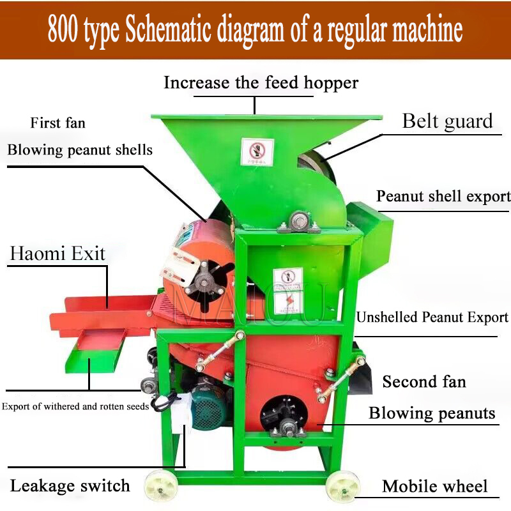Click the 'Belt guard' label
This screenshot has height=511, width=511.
tap(447, 121)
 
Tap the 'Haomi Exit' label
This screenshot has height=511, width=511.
tap(57, 254)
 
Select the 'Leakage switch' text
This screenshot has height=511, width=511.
tap(70, 485)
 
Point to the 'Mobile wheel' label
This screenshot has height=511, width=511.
tap(435, 486)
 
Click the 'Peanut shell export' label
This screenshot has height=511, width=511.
tap(443, 196)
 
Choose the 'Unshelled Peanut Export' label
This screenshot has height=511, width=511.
tap(432, 317)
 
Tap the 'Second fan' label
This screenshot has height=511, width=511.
tap(424, 382)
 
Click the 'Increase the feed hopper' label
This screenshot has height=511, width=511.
tap(261, 82)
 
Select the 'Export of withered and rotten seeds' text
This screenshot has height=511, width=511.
tap(75, 406)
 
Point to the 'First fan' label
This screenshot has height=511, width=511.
tap(57, 123)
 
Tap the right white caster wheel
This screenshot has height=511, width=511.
tap(343, 487)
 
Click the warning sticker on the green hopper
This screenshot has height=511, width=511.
tap(257, 152)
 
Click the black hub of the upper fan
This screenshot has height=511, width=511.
tap(204, 280)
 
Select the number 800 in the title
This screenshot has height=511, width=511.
tap(63, 31)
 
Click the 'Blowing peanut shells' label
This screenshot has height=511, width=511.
tap(80, 150)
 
